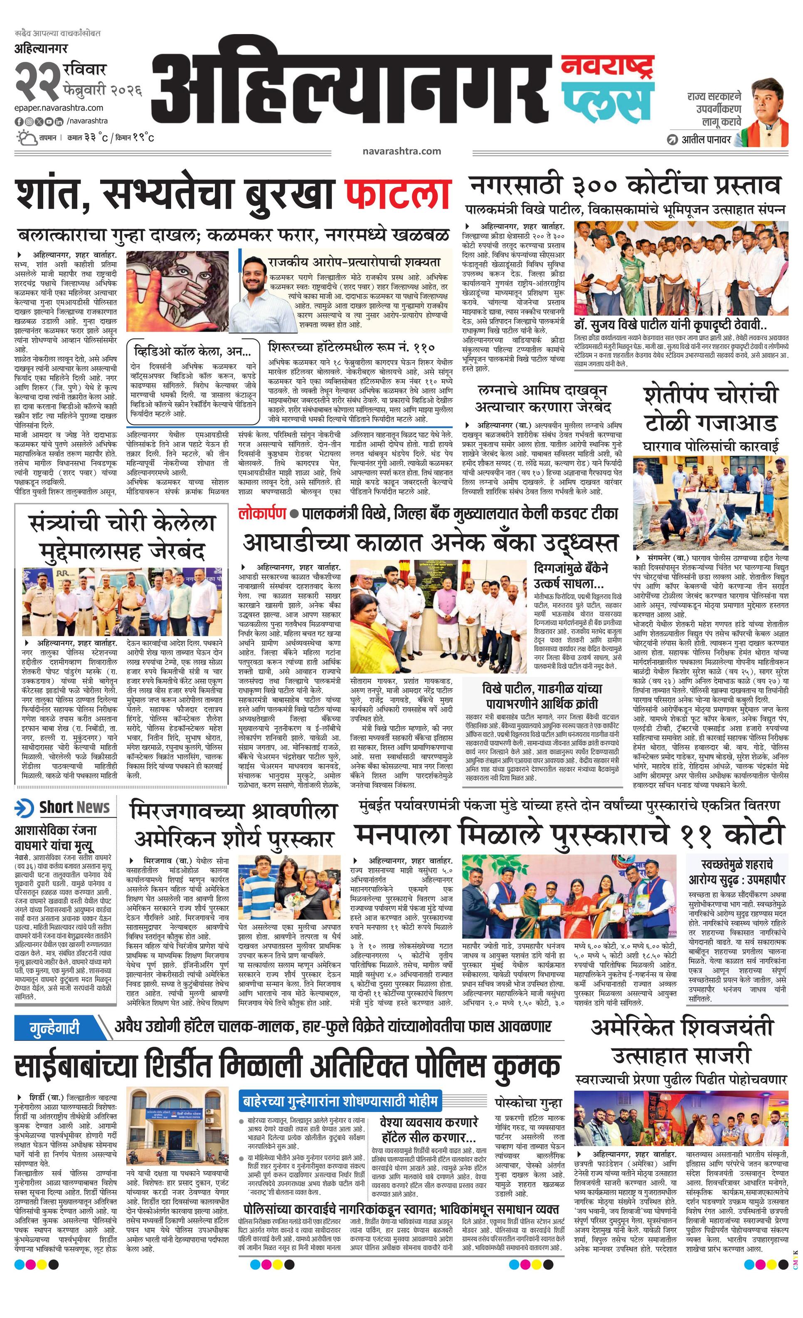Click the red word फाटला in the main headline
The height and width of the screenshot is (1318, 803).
point(397,196)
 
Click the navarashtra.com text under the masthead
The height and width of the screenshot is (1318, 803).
point(401,151)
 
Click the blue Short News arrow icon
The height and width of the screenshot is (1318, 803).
point(24,807)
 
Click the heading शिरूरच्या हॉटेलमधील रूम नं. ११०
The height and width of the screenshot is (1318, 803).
point(352,348)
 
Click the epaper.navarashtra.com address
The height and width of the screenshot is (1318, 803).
point(59,108)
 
